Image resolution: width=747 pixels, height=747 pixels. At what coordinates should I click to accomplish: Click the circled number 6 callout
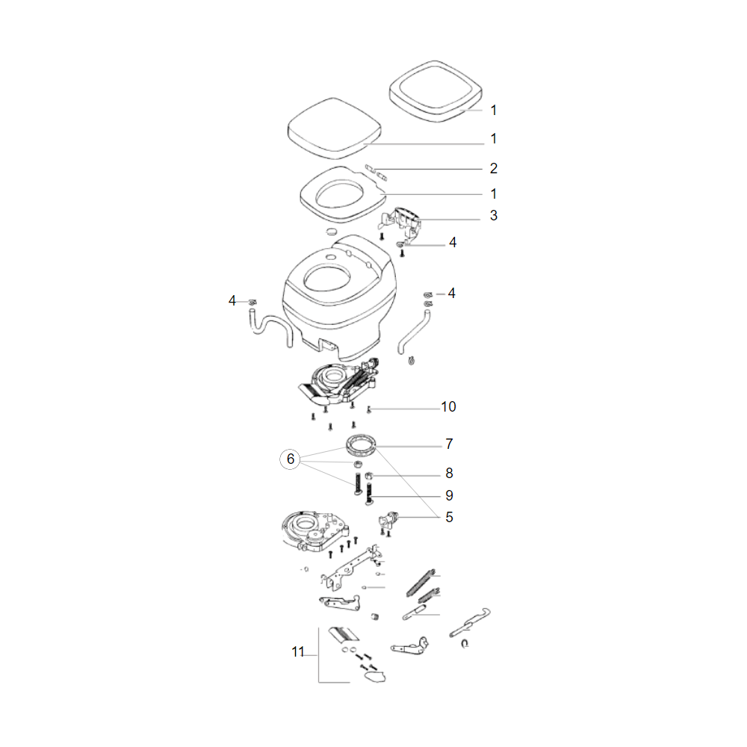pyautogui.click(x=290, y=459)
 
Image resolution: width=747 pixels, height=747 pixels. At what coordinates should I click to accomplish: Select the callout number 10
pyautogui.click(x=448, y=407)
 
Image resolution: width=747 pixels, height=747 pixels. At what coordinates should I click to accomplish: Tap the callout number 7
pyautogui.click(x=449, y=444)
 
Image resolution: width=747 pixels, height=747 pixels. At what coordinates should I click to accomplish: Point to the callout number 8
pyautogui.click(x=449, y=473)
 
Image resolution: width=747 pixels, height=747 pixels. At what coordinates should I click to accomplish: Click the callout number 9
pyautogui.click(x=449, y=495)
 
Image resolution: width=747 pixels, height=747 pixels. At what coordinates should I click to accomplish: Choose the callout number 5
pyautogui.click(x=449, y=517)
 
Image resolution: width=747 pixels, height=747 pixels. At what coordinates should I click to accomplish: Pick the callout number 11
pyautogui.click(x=298, y=651)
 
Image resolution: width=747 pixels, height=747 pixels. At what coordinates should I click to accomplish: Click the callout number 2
pyautogui.click(x=494, y=168)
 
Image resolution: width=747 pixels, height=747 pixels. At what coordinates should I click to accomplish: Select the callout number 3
pyautogui.click(x=494, y=215)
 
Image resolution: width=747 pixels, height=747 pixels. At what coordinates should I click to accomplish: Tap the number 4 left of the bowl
pyautogui.click(x=232, y=300)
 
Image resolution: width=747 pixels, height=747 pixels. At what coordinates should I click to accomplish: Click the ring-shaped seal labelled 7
pyautogui.click(x=361, y=444)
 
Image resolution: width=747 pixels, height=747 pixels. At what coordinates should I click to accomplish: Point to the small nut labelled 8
pyautogui.click(x=368, y=475)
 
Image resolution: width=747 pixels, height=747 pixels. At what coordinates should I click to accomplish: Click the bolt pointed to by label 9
pyautogui.click(x=369, y=494)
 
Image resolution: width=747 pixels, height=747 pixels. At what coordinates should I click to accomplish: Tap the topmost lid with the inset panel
pyautogui.click(x=436, y=91)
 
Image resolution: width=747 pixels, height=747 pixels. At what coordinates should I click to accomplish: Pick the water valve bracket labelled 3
pyautogui.click(x=401, y=222)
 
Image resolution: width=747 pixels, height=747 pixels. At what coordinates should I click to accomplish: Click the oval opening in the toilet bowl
pyautogui.click(x=327, y=277)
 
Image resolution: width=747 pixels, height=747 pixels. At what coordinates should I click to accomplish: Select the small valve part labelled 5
pyautogui.click(x=388, y=519)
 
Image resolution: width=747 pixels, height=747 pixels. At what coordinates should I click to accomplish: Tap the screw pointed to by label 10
pyautogui.click(x=369, y=409)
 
